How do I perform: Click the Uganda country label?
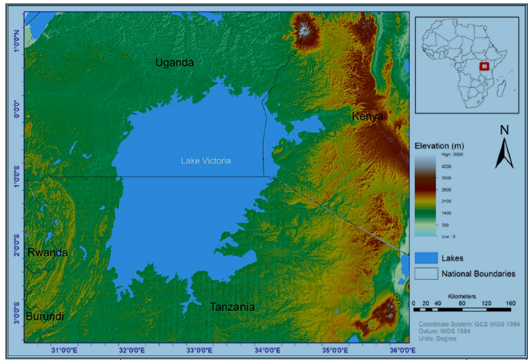[175, 62]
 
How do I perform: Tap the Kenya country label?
[367, 116]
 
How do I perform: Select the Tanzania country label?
[232, 307]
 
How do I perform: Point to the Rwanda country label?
[47, 252]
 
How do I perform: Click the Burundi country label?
[44, 317]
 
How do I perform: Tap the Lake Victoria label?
[206, 161]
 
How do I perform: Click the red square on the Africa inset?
[484, 66]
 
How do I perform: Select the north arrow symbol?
[504, 147]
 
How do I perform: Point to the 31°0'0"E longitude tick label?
[65, 350]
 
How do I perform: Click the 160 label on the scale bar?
[511, 304]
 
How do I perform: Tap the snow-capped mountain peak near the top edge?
[305, 29]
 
